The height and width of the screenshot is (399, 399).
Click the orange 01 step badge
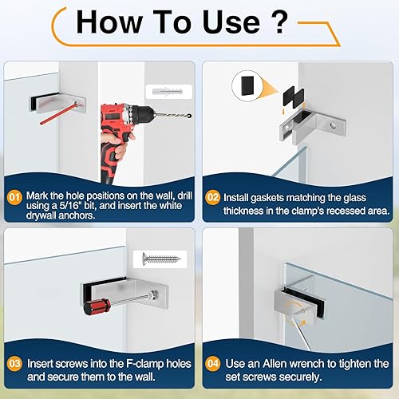pyautogui.click(x=14, y=198)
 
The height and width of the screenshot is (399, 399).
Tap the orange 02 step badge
pyautogui.click(x=212, y=198)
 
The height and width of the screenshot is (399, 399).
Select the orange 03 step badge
pyautogui.click(x=14, y=364)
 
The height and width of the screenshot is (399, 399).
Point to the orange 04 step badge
pyautogui.click(x=212, y=364)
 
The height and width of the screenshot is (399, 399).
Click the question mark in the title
pyautogui.click(x=279, y=22)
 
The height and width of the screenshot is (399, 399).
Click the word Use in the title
pyautogui.click(x=231, y=22)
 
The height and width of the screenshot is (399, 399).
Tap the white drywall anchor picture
pyautogui.click(x=168, y=93)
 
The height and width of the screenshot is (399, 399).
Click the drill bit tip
pyautogui.click(x=190, y=117)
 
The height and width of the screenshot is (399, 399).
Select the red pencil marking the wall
pyautogui.click(x=58, y=113)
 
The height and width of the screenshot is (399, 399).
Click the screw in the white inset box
pyautogui.click(x=161, y=258)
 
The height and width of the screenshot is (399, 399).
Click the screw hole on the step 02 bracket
pyautogui.click(x=332, y=125)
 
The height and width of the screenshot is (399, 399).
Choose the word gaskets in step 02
pyautogui.click(x=267, y=198)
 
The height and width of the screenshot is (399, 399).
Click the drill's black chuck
pyautogui.click(x=143, y=114)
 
